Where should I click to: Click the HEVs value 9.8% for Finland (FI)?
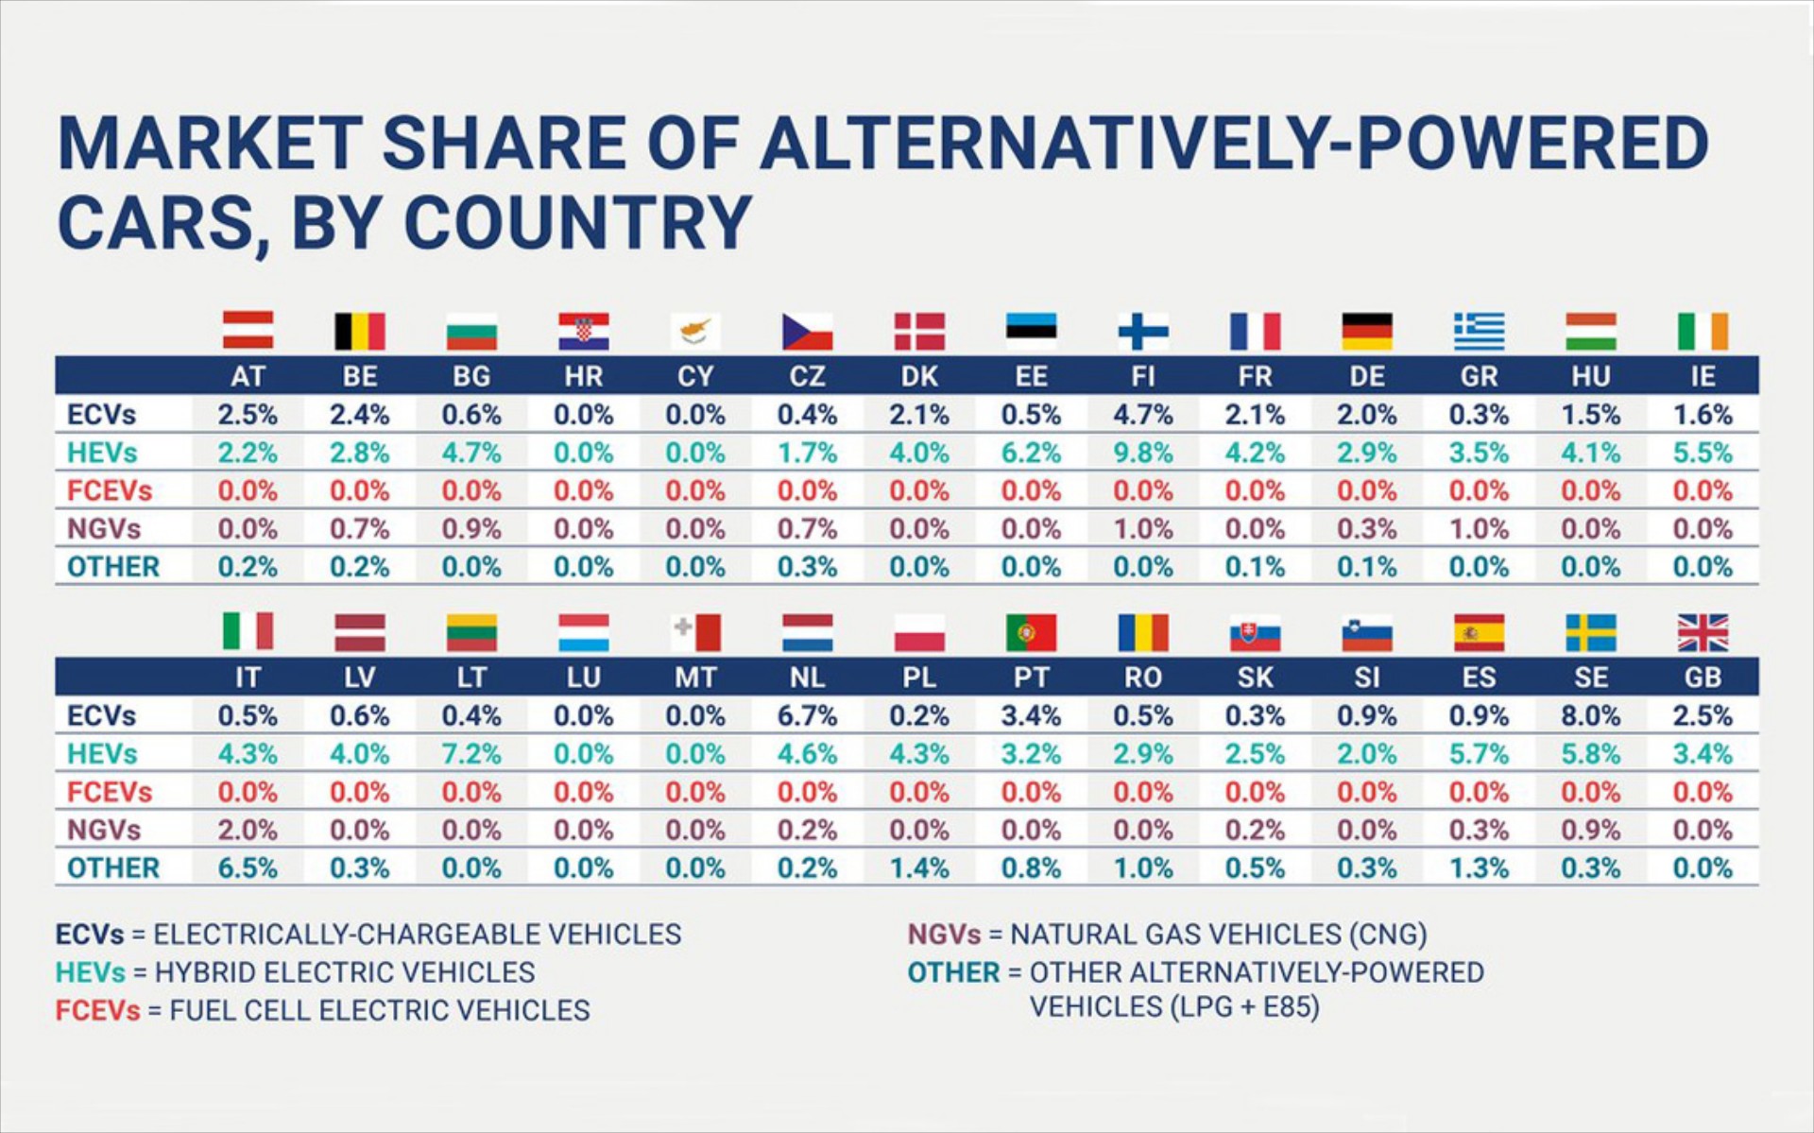point(1142,453)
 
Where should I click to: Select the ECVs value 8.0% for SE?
point(1590,715)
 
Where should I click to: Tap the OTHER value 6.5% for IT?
point(248,867)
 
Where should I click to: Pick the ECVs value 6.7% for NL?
point(807,715)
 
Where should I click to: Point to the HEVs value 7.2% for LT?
point(471,754)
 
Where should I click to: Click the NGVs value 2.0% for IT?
point(248,830)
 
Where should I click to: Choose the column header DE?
point(1366,376)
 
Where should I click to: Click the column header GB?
point(1703,677)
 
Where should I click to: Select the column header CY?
point(694,376)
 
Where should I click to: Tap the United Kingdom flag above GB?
point(1703,632)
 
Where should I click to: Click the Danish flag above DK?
point(919,332)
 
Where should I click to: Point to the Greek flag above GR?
point(1479,332)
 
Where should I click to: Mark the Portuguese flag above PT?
point(1031,632)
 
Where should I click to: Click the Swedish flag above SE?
point(1590,632)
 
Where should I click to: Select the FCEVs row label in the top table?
point(110,490)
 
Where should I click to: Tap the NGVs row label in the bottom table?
point(104,830)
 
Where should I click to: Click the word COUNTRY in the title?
point(577,223)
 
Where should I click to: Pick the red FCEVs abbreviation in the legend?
point(97,1010)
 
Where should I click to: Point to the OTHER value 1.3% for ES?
point(1479,867)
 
